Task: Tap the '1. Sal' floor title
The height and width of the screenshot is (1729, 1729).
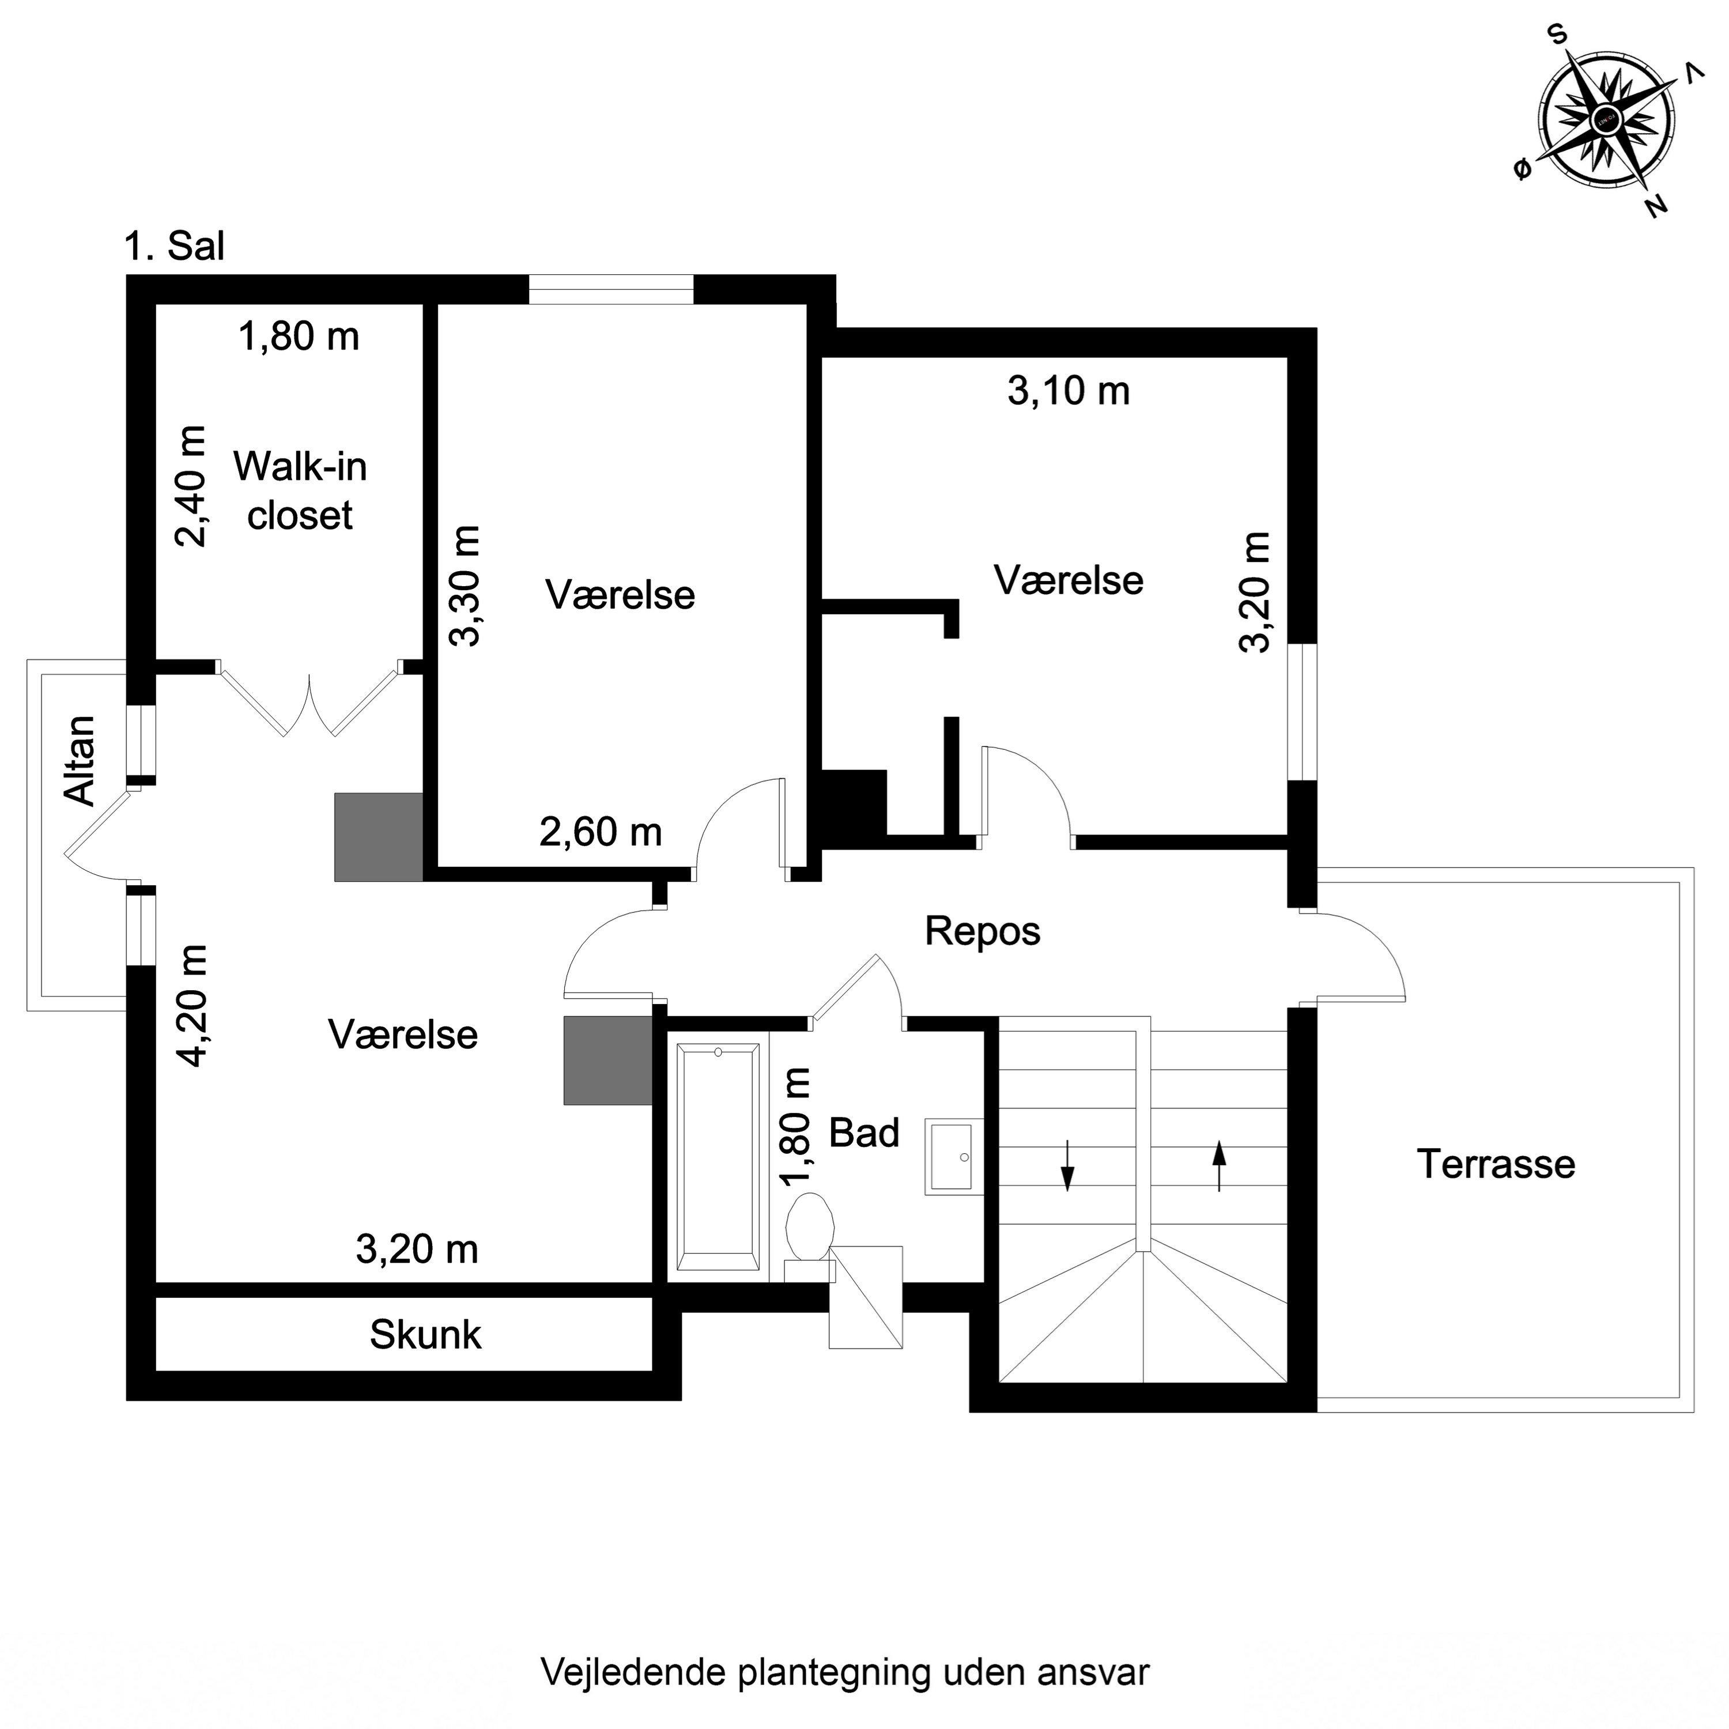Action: point(175,246)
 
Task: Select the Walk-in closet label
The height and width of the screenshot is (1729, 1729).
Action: point(300,490)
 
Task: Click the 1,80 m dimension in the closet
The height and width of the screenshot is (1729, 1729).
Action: point(299,337)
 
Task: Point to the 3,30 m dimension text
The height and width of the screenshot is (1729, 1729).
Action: point(465,586)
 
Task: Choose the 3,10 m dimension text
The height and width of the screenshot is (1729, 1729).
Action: point(1069,391)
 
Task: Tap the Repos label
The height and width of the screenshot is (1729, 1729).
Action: point(981,931)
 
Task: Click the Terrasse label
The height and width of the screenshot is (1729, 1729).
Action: point(1496,1164)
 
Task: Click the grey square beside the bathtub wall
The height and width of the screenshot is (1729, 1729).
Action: point(607,1060)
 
